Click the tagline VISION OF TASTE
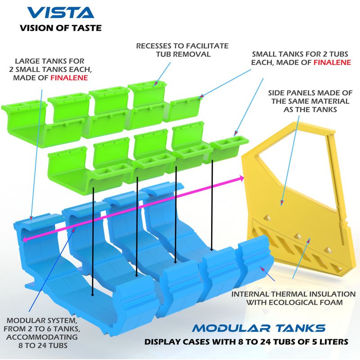point(60,28)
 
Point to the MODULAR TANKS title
point(258,327)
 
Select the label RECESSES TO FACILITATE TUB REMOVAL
point(182,50)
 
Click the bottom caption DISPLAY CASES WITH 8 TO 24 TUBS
point(246,342)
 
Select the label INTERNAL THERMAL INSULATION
point(293,294)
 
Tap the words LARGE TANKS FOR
point(49,60)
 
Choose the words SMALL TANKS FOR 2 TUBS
point(301,54)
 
